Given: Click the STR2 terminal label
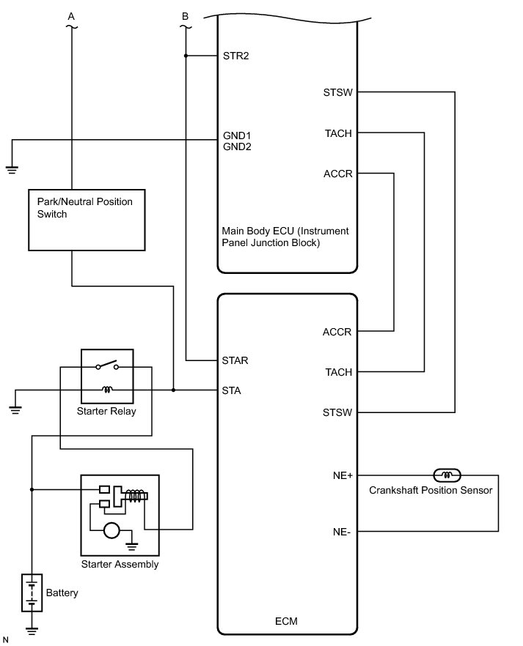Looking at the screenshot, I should coord(235,55).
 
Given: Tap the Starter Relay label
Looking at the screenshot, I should coord(106,412).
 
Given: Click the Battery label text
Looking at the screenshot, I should coord(62,592).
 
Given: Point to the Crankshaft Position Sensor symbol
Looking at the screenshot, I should coord(446,475).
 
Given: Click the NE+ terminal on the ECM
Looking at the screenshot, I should coord(343,475).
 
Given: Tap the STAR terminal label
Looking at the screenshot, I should coord(235,360).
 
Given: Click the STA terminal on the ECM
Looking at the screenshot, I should coord(231,390).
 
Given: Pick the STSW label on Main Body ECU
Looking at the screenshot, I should coord(337,92).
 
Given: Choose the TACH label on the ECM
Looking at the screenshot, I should coord(338,372).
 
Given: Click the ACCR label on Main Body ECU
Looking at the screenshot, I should coord(337,174).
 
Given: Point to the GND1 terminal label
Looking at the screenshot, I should coord(237,136).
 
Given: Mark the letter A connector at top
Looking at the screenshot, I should coord(71,15).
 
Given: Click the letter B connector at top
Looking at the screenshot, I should coord(185,15).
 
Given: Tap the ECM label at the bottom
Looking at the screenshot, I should coord(288,622).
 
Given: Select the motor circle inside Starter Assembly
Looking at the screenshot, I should coord(112,530).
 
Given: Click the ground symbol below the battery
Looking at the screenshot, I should coord(32,628).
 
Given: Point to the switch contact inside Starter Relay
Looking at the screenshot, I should coord(106,366).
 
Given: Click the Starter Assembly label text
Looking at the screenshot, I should coord(120,564).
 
